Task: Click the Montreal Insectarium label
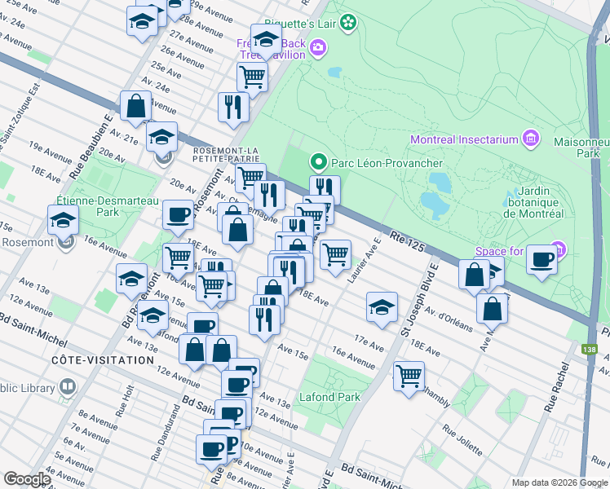[464, 139]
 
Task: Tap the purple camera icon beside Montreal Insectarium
[532, 139]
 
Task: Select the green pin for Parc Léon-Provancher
[319, 161]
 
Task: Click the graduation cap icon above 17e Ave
[382, 307]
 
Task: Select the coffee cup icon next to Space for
[541, 260]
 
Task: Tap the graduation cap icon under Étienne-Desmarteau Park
[63, 219]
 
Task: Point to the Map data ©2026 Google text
[559, 482]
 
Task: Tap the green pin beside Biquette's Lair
[349, 22]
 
